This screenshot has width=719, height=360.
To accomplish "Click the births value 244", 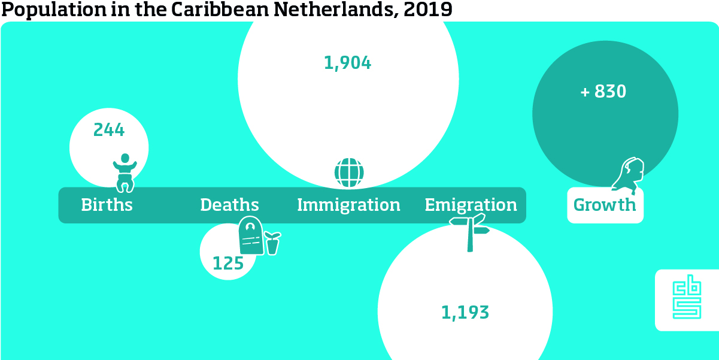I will (109, 130).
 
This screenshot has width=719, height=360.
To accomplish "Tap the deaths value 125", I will (228, 263).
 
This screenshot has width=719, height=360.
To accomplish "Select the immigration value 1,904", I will (347, 63).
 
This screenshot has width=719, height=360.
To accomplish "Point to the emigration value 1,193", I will (465, 312).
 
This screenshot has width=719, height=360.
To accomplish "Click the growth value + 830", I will (603, 92).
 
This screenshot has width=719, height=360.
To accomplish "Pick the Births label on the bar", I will (107, 205).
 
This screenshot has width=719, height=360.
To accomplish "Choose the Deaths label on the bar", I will (229, 205).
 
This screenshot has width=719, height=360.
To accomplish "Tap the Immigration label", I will (348, 205).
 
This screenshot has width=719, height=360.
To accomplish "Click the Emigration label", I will (471, 205).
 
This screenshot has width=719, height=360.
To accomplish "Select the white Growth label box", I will (605, 205).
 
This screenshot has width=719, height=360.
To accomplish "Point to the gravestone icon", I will (251, 236).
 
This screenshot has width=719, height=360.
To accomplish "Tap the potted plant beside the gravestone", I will (272, 243).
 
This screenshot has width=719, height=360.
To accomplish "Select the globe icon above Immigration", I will (349, 173).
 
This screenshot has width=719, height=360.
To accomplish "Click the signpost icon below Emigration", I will (471, 232).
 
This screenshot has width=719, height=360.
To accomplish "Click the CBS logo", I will (686, 300).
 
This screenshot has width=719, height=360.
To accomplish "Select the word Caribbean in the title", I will (214, 10).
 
